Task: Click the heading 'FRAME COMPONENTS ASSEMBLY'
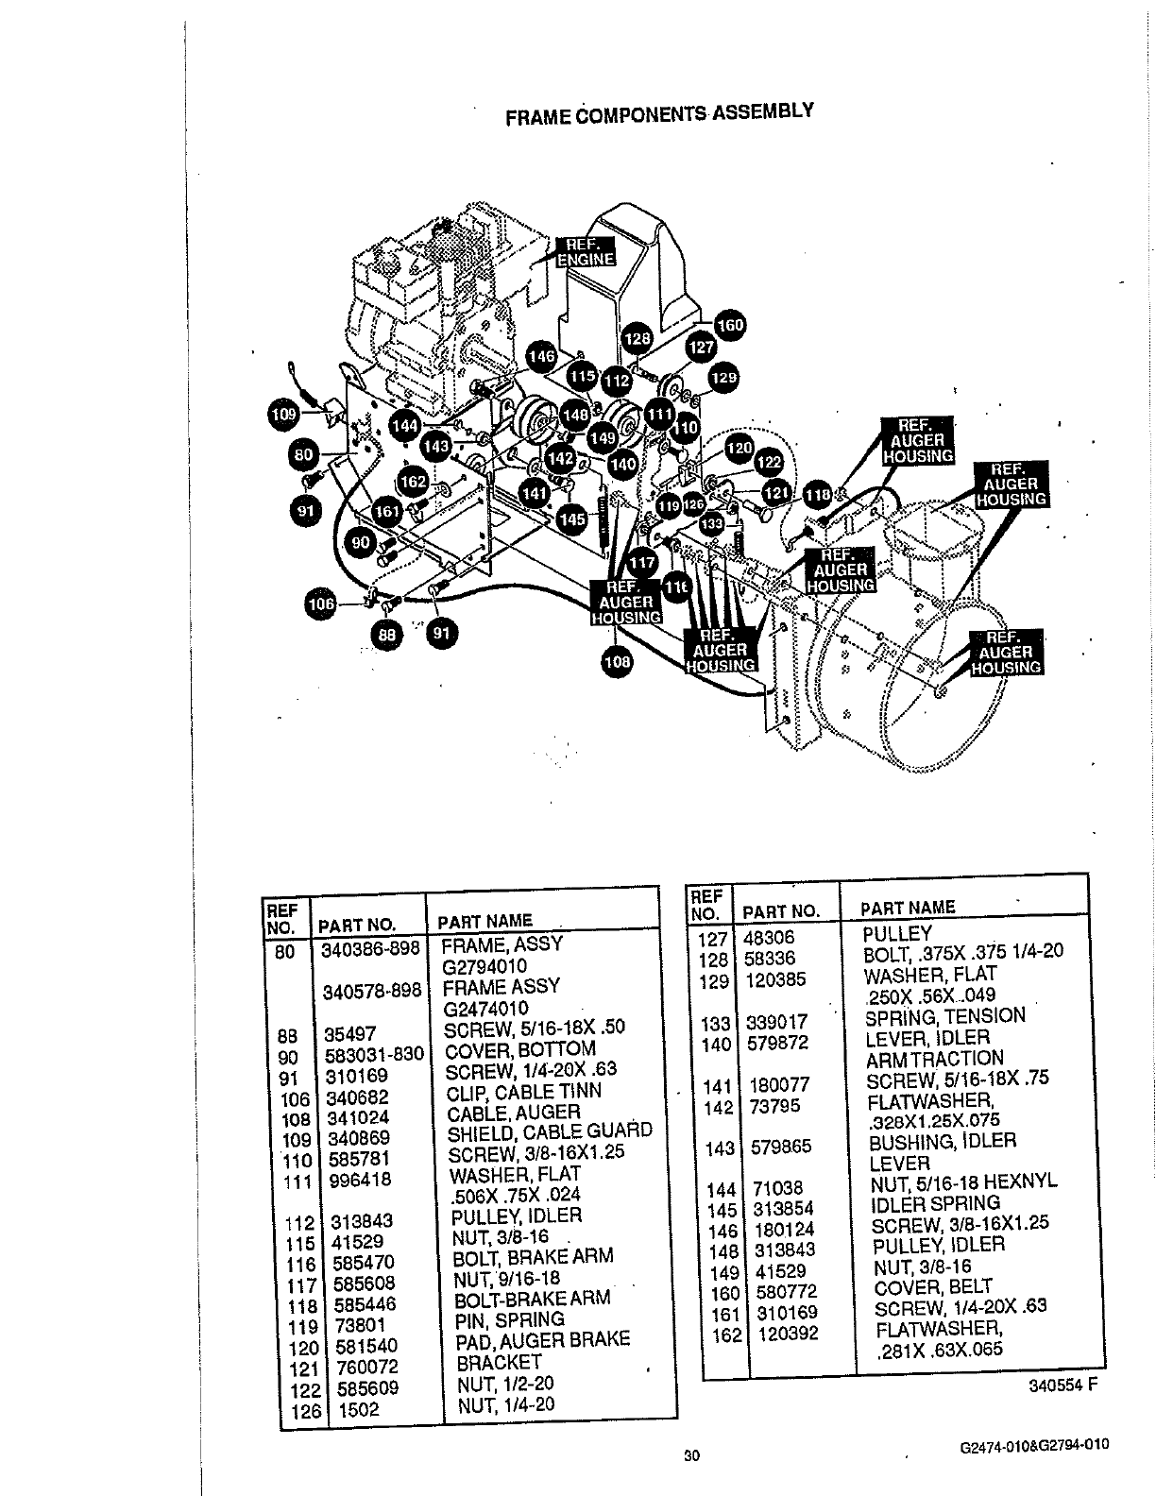point(659,114)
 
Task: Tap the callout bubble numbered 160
point(729,327)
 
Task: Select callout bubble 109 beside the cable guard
point(283,414)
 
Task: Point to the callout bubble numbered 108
point(618,662)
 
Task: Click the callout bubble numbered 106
point(323,604)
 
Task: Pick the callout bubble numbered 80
point(304,454)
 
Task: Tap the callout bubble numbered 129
point(723,378)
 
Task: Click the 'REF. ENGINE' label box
point(585,251)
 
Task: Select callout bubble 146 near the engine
point(541,357)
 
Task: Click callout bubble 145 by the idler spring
point(572,518)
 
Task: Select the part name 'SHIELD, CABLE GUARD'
point(549,1132)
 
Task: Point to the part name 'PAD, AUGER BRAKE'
point(542,1341)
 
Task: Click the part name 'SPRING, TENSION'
point(944,1017)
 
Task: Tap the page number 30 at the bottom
point(690,1455)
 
